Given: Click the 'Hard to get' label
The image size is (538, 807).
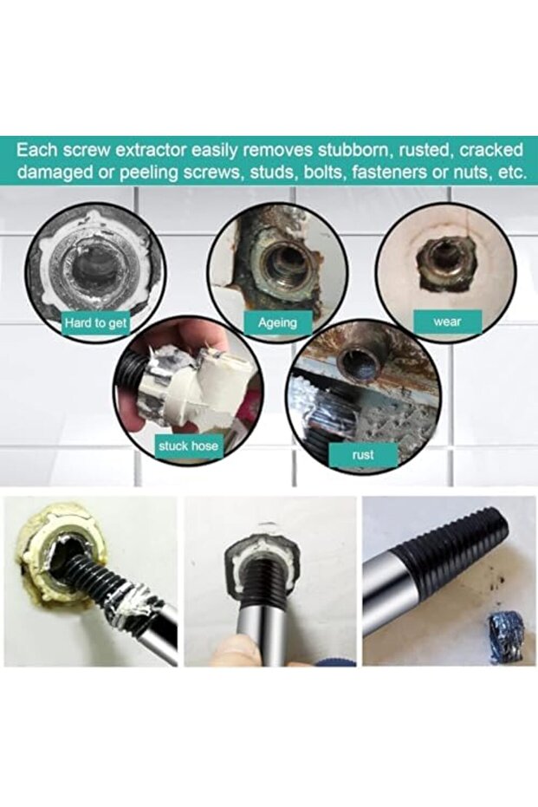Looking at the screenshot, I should [x=96, y=322].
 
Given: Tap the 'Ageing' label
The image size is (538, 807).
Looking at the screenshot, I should [x=277, y=322].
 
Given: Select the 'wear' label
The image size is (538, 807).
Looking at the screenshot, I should [x=447, y=322].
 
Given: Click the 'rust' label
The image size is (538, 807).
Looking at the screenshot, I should [x=363, y=453].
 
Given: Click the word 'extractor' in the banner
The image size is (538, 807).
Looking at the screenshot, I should [x=148, y=148].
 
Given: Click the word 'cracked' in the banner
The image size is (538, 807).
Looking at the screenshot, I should [x=489, y=148].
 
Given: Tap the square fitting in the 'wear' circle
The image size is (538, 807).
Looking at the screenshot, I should [x=437, y=257].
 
